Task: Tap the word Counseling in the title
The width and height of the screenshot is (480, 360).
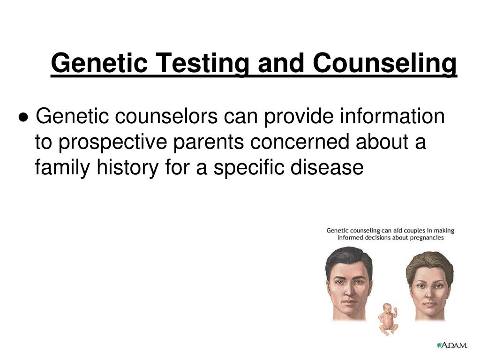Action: click(x=385, y=63)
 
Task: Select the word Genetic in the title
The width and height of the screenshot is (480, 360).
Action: click(x=99, y=63)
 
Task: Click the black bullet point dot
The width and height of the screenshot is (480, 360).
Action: click(x=23, y=117)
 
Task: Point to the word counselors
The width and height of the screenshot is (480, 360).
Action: click(x=166, y=116)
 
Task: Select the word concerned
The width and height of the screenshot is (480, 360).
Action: click(x=300, y=142)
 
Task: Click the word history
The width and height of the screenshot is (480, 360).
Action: click(x=128, y=168)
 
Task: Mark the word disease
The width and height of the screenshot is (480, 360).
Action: click(x=327, y=167)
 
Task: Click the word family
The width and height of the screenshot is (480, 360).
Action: click(x=62, y=168)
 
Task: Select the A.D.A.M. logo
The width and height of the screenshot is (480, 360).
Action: click(x=452, y=345)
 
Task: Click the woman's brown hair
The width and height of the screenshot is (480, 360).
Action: click(x=430, y=262)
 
